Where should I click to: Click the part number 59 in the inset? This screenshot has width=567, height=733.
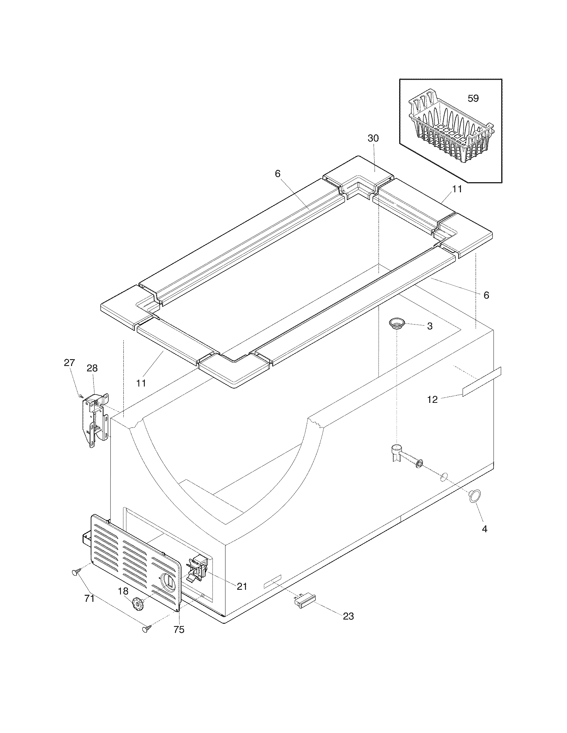(473, 98)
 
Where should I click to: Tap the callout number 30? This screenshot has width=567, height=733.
(373, 138)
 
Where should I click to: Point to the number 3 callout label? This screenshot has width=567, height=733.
(430, 326)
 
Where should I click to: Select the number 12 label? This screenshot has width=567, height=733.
(432, 399)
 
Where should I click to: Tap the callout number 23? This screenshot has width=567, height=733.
(348, 616)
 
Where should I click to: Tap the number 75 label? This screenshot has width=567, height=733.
(179, 630)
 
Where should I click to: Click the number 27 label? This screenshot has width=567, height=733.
(69, 363)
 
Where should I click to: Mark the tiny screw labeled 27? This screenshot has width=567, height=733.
(81, 396)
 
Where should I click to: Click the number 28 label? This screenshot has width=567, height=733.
(92, 368)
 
